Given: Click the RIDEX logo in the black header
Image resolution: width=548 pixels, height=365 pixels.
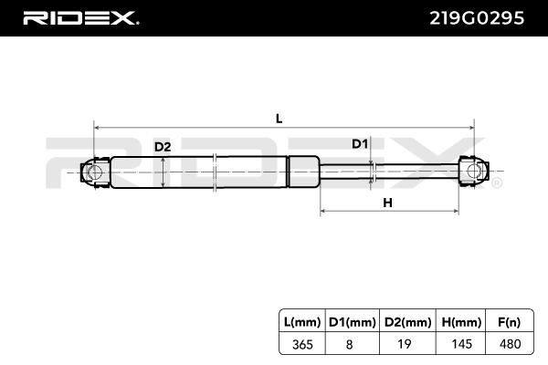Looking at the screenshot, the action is tap(80, 18).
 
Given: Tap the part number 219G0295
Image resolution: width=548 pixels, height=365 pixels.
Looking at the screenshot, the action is tap(477, 18).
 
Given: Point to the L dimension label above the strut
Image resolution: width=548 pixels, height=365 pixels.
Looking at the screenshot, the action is tap(279, 119).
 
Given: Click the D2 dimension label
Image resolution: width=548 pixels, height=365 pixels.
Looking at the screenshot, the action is tap(163, 147).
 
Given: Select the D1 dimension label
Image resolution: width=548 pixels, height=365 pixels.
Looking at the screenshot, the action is tap(360, 143).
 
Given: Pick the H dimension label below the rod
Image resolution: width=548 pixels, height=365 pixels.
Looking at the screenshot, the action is tap(387, 203).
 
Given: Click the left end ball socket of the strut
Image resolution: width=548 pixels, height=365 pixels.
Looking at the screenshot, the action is tap(95, 172).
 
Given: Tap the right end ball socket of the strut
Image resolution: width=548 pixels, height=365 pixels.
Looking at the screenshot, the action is tap(473, 172).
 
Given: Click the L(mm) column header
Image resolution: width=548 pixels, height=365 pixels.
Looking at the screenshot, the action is tap(302, 322).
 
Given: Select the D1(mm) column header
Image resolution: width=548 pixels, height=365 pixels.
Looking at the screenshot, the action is tap(353, 322).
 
